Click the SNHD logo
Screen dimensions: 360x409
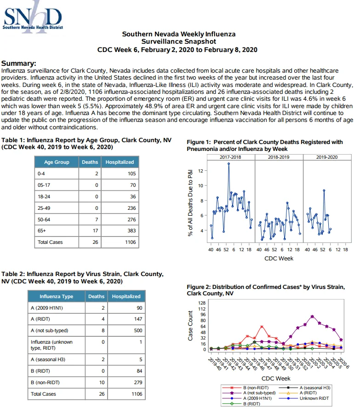(x=33, y=17)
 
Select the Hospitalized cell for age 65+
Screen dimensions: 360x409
(x=120, y=230)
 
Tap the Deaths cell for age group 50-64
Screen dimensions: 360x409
(x=90, y=219)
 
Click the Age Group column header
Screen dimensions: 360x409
(x=57, y=162)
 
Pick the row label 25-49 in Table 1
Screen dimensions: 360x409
(x=44, y=208)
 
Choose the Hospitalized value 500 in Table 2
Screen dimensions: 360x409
(x=138, y=330)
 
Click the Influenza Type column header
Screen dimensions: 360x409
(x=56, y=296)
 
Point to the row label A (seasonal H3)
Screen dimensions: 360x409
(x=48, y=359)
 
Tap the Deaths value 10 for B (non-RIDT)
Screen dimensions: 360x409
(x=102, y=382)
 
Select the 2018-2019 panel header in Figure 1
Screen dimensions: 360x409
(x=279, y=157)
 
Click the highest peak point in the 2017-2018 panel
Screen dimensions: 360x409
(x=229, y=164)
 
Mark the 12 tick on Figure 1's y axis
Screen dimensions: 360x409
(x=200, y=171)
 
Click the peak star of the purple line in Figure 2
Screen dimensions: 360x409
(x=312, y=317)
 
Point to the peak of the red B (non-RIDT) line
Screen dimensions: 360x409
(x=262, y=327)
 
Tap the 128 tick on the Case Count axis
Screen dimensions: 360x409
(x=202, y=303)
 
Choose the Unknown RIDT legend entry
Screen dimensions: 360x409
(x=304, y=398)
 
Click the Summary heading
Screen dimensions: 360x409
(x=19, y=63)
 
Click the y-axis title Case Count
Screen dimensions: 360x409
(x=190, y=326)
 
